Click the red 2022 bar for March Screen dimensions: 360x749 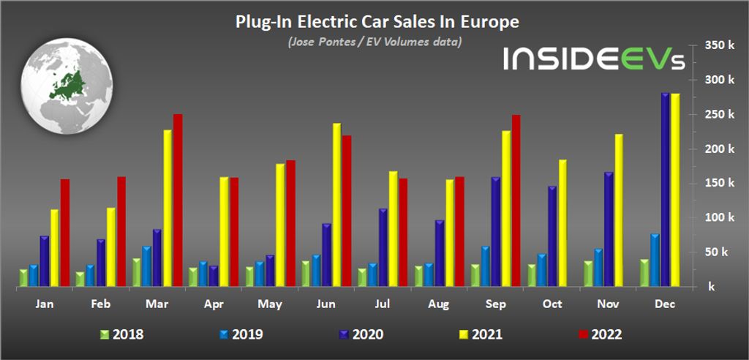(178, 201)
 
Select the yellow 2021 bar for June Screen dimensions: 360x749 (336, 206)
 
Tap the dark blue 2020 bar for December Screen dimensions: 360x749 (665, 191)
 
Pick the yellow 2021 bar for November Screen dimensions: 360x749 (618, 211)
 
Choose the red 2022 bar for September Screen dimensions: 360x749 (516, 201)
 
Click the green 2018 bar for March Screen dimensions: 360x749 (137, 273)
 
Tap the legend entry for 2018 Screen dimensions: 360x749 (122, 335)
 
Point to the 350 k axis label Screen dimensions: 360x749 (718, 45)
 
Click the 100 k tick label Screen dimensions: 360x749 (718, 217)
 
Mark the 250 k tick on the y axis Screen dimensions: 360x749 (718, 114)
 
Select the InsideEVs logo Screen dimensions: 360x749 (593, 59)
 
